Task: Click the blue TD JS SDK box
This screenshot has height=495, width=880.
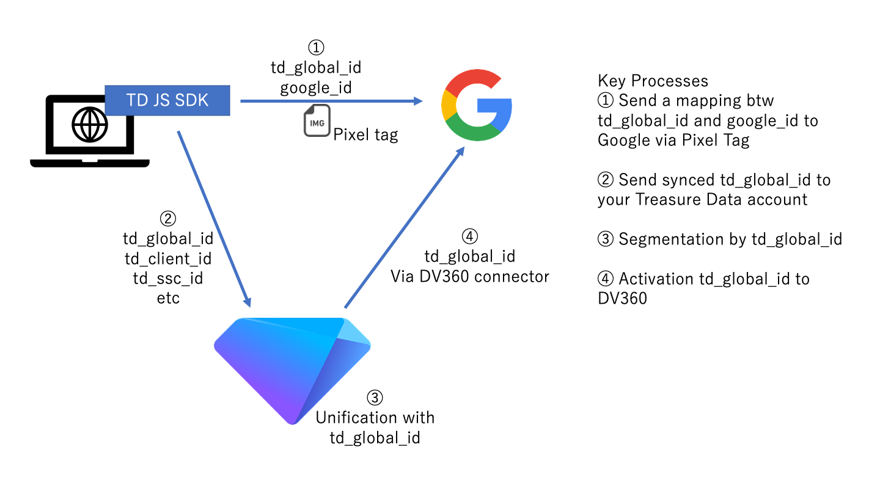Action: (x=167, y=100)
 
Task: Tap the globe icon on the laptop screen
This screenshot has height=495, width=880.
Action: (x=89, y=125)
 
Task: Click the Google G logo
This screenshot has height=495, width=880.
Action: (x=476, y=106)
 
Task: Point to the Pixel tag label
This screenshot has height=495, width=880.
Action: (x=365, y=134)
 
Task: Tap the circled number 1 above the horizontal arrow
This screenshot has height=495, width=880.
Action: (x=316, y=48)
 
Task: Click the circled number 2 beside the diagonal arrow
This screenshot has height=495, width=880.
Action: (x=167, y=218)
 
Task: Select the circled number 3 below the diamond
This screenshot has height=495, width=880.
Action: (x=375, y=398)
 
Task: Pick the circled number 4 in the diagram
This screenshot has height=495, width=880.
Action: (x=469, y=236)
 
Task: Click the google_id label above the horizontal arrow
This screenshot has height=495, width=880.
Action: (x=316, y=87)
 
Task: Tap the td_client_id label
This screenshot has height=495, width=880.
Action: (x=167, y=258)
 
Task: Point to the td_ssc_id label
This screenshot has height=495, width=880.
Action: (x=167, y=279)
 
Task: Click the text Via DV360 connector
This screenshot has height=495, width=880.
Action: (x=469, y=276)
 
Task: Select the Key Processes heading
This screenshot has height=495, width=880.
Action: (x=653, y=81)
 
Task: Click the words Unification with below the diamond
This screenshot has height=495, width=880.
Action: (x=375, y=418)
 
